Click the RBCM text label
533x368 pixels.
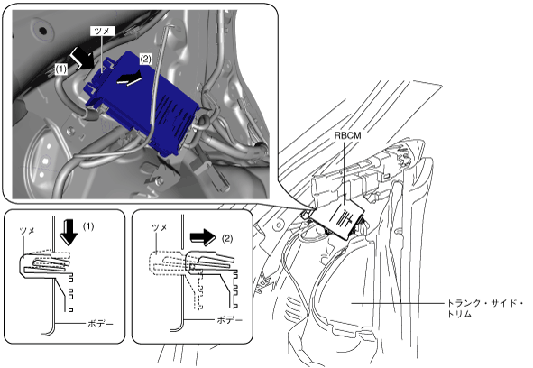click(347, 135)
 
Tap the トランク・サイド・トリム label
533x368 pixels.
click(484, 308)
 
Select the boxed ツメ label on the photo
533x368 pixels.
click(102, 31)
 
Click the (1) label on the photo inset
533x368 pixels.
click(61, 69)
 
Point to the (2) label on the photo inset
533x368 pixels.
click(145, 60)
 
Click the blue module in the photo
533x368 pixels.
click(142, 104)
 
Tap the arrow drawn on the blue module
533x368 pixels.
click(128, 78)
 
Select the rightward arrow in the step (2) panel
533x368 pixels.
click(203, 236)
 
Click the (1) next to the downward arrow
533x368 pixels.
click(88, 226)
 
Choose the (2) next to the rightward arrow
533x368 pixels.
click(227, 238)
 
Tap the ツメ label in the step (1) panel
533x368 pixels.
click(27, 231)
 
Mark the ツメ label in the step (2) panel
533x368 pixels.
click(159, 227)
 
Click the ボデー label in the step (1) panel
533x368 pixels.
click(100, 324)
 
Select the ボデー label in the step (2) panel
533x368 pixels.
click(229, 320)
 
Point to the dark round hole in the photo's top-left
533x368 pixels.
click(43, 31)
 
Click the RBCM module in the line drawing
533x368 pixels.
click(341, 218)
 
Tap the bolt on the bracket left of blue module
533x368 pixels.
click(70, 130)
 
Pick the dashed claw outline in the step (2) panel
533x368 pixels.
click(168, 262)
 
